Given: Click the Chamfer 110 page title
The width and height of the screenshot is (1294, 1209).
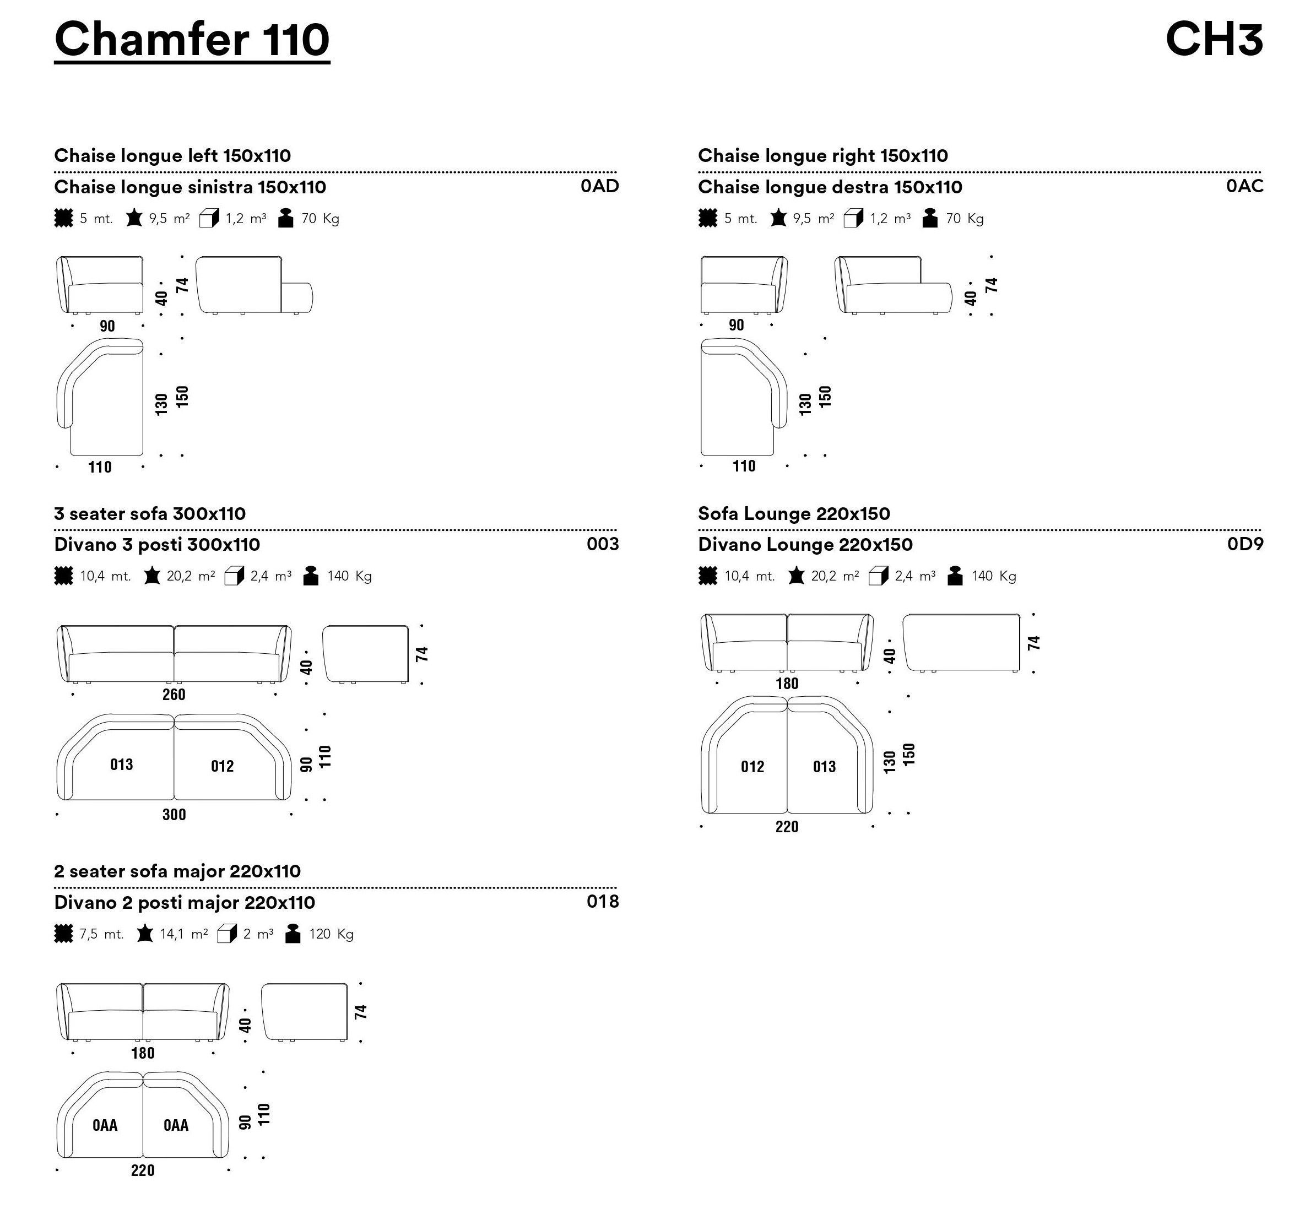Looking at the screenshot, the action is [x=192, y=40].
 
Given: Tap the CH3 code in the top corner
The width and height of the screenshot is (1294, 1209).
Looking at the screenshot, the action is [x=1214, y=39].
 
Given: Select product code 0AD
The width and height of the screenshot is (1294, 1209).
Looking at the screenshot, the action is [x=599, y=186].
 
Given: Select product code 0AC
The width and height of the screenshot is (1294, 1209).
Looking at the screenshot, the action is [x=1244, y=186].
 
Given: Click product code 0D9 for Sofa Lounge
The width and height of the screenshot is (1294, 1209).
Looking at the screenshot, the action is [x=1245, y=544].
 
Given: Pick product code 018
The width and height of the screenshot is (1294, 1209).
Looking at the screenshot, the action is [x=603, y=902].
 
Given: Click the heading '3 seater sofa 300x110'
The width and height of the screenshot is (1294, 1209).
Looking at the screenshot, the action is [x=150, y=513].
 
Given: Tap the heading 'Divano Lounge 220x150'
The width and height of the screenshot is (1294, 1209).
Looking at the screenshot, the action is [x=805, y=545].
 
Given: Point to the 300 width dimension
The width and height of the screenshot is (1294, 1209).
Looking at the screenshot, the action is [x=174, y=814].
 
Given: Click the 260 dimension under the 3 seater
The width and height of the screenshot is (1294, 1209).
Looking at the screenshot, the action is [x=174, y=695].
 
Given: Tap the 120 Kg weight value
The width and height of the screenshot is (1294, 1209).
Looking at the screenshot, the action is [x=331, y=934].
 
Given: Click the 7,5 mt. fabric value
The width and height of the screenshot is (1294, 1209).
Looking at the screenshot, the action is [x=101, y=934].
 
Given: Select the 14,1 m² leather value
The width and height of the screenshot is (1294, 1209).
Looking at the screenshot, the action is [x=184, y=934].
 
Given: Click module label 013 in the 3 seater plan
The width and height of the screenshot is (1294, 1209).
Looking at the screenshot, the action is [x=122, y=765].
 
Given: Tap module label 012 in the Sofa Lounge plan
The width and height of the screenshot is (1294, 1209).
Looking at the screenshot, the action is [x=752, y=767].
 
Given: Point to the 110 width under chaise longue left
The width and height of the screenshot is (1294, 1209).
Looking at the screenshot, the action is [x=100, y=467].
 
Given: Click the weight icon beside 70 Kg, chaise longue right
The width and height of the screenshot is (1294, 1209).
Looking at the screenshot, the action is [x=930, y=218].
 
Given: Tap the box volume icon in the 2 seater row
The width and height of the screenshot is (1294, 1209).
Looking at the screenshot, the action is [x=226, y=934].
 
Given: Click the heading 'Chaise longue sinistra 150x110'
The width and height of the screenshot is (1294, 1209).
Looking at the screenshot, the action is [x=190, y=187].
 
